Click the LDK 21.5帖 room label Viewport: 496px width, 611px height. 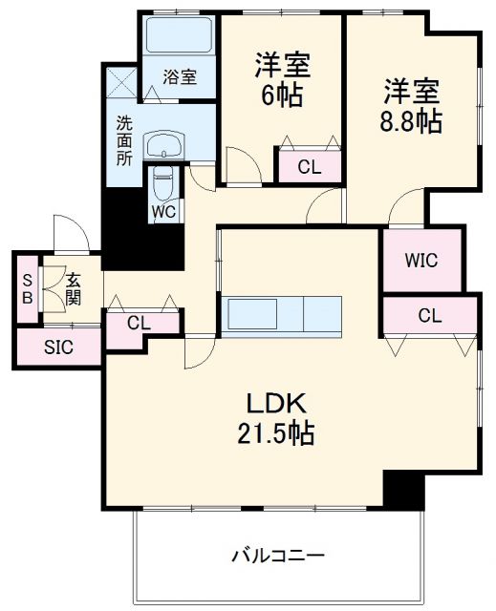point(275,418)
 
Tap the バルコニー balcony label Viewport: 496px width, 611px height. point(278,555)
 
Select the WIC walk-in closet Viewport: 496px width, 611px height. point(421,260)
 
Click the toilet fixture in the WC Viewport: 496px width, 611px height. point(162,185)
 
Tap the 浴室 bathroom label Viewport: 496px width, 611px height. point(180,77)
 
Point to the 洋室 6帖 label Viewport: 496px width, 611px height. point(283,80)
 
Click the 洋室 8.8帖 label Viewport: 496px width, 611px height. point(412,105)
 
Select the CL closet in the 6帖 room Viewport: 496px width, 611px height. point(309,167)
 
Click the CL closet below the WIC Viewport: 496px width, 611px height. point(429,315)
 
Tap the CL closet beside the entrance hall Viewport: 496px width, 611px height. point(140,323)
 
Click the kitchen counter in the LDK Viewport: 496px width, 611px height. point(281,312)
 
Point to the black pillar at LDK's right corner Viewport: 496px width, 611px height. point(402,489)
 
